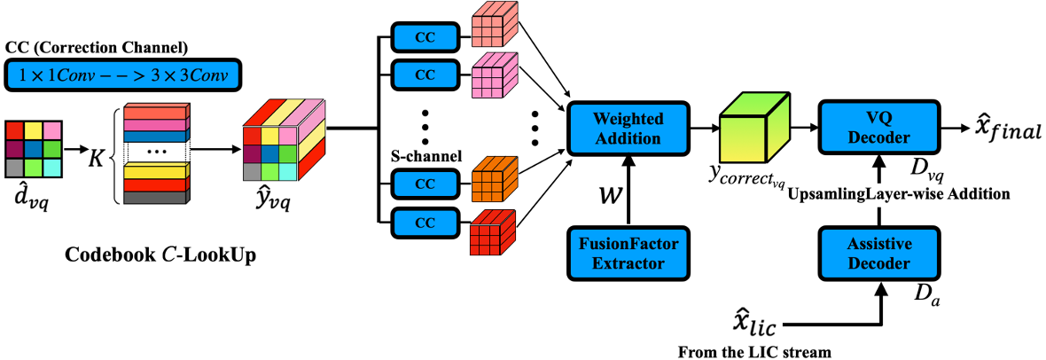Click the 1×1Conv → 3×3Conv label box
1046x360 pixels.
[123, 75]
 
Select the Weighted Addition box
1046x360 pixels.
[628, 129]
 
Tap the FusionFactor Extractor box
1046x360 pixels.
[628, 253]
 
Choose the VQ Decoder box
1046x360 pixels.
[878, 127]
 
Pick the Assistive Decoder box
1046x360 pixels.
[878, 253]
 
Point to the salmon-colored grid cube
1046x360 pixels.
[493, 26]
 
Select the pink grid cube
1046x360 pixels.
[493, 76]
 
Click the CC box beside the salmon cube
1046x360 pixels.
[425, 37]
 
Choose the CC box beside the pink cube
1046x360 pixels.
[425, 75]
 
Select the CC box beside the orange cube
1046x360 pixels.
[425, 184]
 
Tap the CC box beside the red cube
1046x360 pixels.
[425, 223]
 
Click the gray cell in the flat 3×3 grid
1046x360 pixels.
[15, 168]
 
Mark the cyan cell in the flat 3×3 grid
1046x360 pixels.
[51, 168]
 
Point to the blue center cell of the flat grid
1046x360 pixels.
[34, 149]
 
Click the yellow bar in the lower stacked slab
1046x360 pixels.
[155, 173]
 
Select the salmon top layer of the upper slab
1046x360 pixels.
[155, 113]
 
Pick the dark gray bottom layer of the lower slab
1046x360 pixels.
[155, 198]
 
